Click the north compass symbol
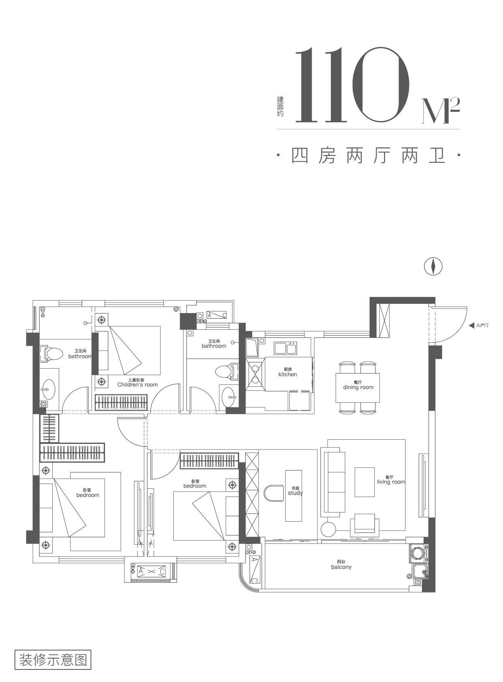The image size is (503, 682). click(x=433, y=267)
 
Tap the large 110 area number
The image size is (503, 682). click(x=352, y=85)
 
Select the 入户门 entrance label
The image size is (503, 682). click(x=482, y=326)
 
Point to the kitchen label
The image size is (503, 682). click(x=287, y=372)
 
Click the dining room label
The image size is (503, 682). click(x=358, y=385)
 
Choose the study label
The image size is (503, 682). click(x=295, y=491)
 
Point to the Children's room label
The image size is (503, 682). click(x=137, y=382)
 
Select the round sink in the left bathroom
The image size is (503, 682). click(x=49, y=389)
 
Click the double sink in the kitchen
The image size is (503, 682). click(x=285, y=348)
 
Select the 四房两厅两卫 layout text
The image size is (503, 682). click(x=368, y=156)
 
